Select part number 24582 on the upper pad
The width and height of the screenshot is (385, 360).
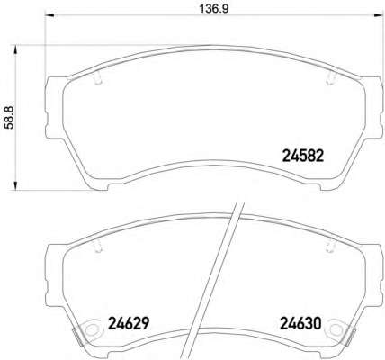pos(296,153)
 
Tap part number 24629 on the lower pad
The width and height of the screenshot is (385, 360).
pos(127,321)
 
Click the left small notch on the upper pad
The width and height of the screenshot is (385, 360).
pos(94,80)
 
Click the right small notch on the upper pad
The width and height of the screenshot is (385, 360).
pos(325,80)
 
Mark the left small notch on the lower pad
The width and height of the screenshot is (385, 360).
pos(94,248)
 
